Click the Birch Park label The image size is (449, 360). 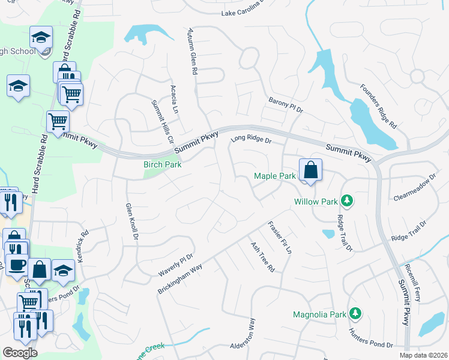coord(162,164)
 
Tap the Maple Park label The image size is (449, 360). coord(275,176)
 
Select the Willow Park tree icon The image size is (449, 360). coord(346,200)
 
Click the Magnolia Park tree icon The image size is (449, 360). coord(355,313)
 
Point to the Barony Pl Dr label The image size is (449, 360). coord(286,105)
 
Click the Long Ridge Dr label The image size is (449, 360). coord(252,140)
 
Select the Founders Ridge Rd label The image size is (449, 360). coord(379,106)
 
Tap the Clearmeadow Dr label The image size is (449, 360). coord(414,188)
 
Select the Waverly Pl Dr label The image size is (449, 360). coord(176,265)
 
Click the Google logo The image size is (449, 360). coord(20,352)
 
